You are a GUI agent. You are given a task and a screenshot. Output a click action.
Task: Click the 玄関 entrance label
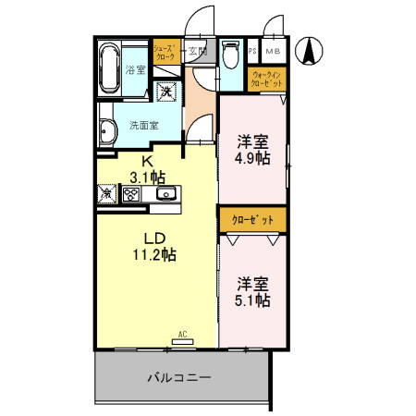point(198,51)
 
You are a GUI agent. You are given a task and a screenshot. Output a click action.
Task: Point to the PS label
point(253,51)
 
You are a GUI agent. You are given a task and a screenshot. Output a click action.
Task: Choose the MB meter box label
point(275,51)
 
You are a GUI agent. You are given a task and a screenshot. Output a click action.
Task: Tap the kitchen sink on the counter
point(166,193)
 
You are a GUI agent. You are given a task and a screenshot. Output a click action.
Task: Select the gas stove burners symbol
point(131,194)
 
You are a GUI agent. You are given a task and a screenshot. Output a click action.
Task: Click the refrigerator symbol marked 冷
point(106,194)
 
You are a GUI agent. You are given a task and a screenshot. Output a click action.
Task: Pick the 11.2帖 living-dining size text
point(153,253)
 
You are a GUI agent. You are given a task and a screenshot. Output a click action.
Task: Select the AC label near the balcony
point(182,335)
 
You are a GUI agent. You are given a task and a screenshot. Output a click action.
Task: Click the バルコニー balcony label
point(180,378)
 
